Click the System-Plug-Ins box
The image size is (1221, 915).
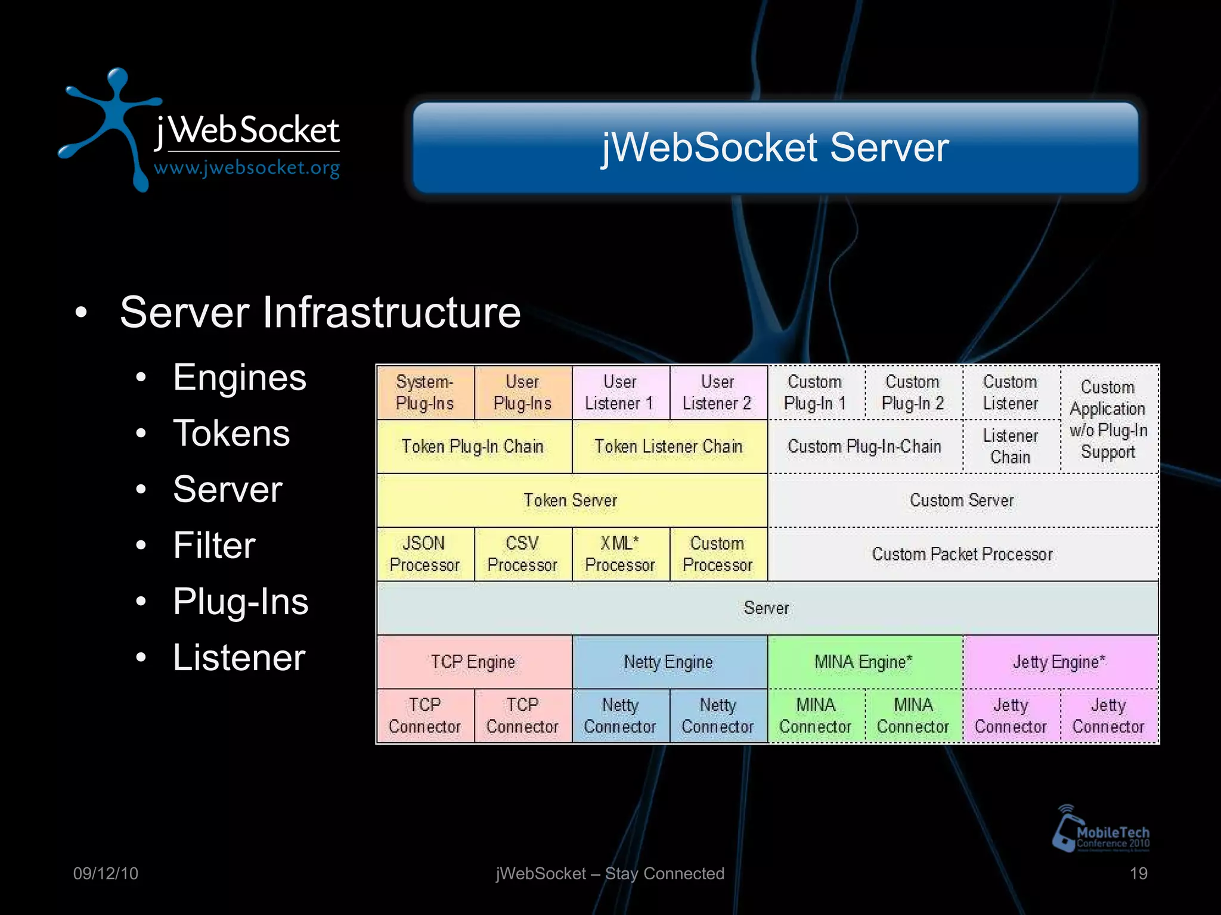(x=425, y=393)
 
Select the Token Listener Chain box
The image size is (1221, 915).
(x=669, y=446)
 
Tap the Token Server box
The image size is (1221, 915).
(x=571, y=500)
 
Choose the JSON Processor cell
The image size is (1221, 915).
(x=425, y=554)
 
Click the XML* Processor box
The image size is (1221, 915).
(x=620, y=554)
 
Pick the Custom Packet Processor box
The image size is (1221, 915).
(x=962, y=554)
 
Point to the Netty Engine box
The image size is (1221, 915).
(x=669, y=662)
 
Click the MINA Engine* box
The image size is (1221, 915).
(x=864, y=662)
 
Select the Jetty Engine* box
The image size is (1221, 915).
(x=1059, y=662)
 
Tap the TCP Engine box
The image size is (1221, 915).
(x=473, y=662)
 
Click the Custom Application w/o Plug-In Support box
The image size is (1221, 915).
(x=1108, y=419)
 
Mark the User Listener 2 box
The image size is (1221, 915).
(x=717, y=393)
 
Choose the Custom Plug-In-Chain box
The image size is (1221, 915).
(x=864, y=446)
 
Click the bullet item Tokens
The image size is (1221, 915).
(x=231, y=433)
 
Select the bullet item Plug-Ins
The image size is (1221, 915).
(x=241, y=602)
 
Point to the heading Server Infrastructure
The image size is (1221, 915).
(x=320, y=312)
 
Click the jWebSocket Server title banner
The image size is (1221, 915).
(x=775, y=148)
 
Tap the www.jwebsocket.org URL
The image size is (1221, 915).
(x=247, y=168)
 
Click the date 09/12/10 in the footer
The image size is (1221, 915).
(x=106, y=873)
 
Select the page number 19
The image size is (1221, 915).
(x=1138, y=873)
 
